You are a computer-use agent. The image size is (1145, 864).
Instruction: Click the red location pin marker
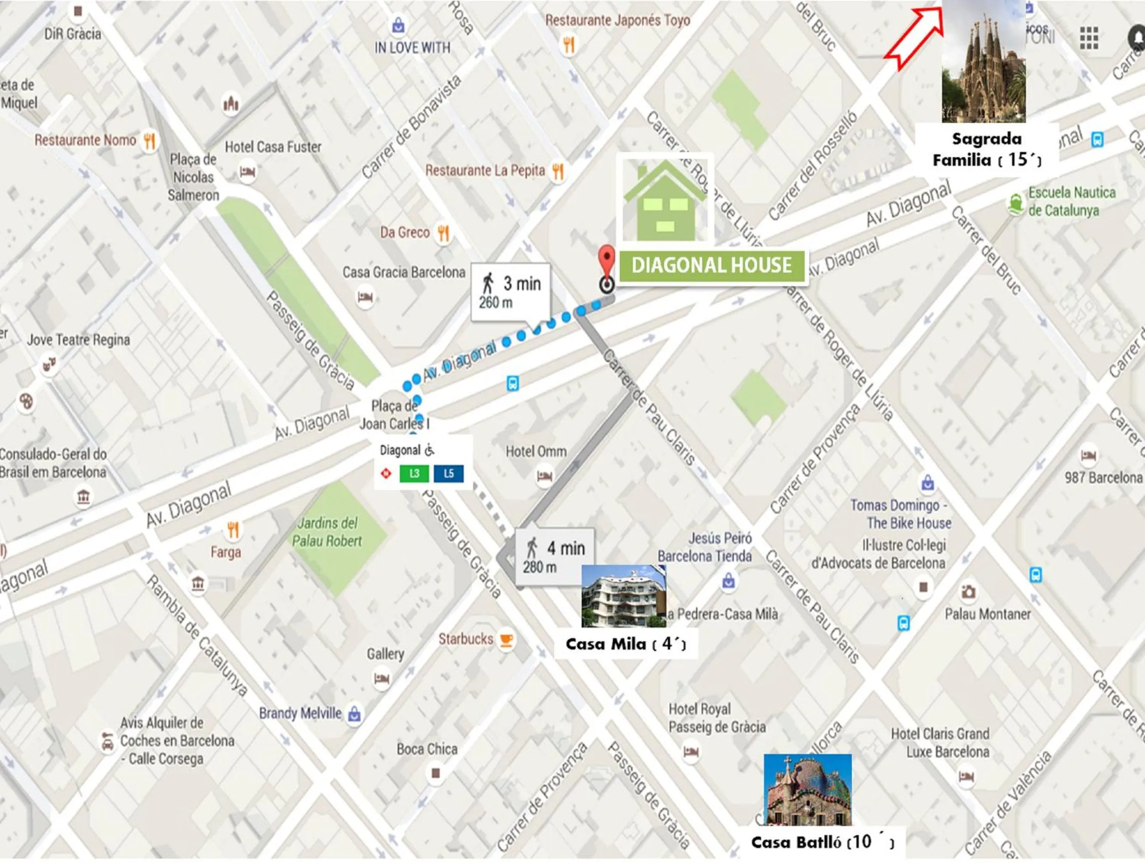pyautogui.click(x=607, y=260)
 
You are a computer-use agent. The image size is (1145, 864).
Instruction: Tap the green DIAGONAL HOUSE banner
pyautogui.click(x=711, y=266)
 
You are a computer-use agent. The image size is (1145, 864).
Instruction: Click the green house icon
pyautogui.click(x=665, y=199)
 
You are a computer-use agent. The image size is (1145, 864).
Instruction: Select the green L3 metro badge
pyautogui.click(x=414, y=473)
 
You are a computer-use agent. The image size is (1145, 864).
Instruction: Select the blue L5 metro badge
pyautogui.click(x=448, y=473)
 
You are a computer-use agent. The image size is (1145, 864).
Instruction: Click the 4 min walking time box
pyautogui.click(x=555, y=557)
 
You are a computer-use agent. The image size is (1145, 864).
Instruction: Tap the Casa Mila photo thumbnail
pyautogui.click(x=623, y=596)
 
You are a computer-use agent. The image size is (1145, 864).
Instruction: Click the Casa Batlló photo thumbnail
pyautogui.click(x=807, y=789)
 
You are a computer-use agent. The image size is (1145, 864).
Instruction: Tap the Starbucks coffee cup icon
pyautogui.click(x=506, y=640)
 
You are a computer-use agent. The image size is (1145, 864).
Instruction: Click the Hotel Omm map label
pyautogui.click(x=536, y=451)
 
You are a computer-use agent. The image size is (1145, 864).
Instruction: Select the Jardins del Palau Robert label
pyautogui.click(x=327, y=532)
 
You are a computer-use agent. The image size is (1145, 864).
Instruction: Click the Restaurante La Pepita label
pyautogui.click(x=485, y=170)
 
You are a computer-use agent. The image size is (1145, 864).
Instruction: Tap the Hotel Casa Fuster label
pyautogui.click(x=273, y=147)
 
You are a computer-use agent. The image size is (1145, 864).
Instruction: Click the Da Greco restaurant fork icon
pyautogui.click(x=443, y=233)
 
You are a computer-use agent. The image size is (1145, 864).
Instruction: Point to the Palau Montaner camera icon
pyautogui.click(x=967, y=591)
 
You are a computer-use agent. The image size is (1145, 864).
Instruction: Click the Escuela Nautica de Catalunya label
pyautogui.click(x=1063, y=201)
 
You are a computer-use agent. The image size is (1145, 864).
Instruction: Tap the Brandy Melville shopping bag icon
pyautogui.click(x=354, y=713)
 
